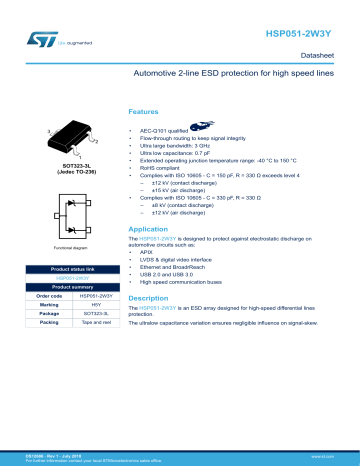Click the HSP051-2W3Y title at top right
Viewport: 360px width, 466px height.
coord(306,32)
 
